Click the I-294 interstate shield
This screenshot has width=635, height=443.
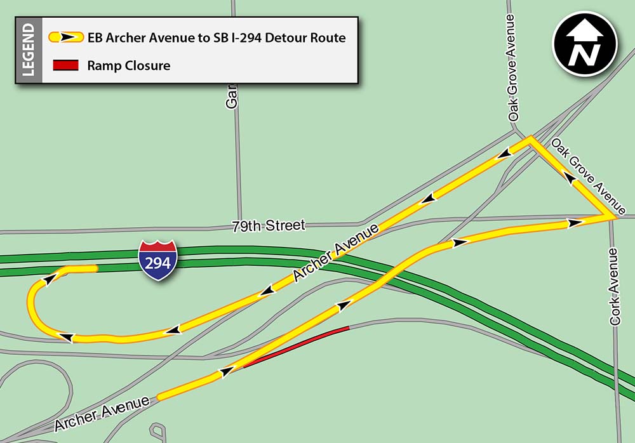pyautogui.click(x=157, y=261)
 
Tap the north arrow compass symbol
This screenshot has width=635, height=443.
pyautogui.click(x=584, y=44)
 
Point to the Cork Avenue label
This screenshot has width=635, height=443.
pyautogui.click(x=613, y=287)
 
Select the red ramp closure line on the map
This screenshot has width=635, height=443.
pyautogui.click(x=297, y=347)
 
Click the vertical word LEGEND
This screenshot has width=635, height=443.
pyautogui.click(x=29, y=50)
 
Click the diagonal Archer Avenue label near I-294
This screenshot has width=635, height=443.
pyautogui.click(x=336, y=253)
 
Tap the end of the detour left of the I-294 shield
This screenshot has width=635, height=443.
pyautogui.click(x=95, y=268)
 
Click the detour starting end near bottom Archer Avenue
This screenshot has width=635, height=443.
pyautogui.click(x=160, y=397)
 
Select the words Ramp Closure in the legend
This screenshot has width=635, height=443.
pyautogui.click(x=129, y=65)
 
